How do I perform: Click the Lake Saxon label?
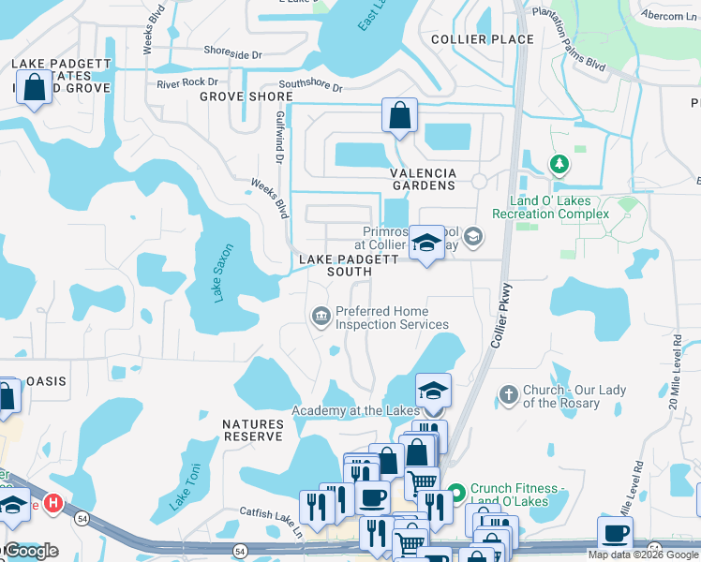tap(223, 274)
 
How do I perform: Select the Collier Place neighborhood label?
tap(482, 39)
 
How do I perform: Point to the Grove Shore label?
tap(246, 96)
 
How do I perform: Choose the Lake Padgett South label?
tap(336, 265)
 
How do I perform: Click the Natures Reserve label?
tap(252, 431)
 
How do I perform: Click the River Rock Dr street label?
tap(187, 83)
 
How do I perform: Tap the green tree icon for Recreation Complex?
tap(559, 165)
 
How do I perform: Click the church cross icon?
tap(509, 394)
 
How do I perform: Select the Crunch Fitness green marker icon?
tap(457, 492)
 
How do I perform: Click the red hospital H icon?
tap(54, 503)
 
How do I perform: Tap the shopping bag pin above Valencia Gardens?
tap(399, 116)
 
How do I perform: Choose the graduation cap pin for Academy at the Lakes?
tap(433, 391)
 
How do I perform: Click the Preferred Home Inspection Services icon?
tap(321, 318)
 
